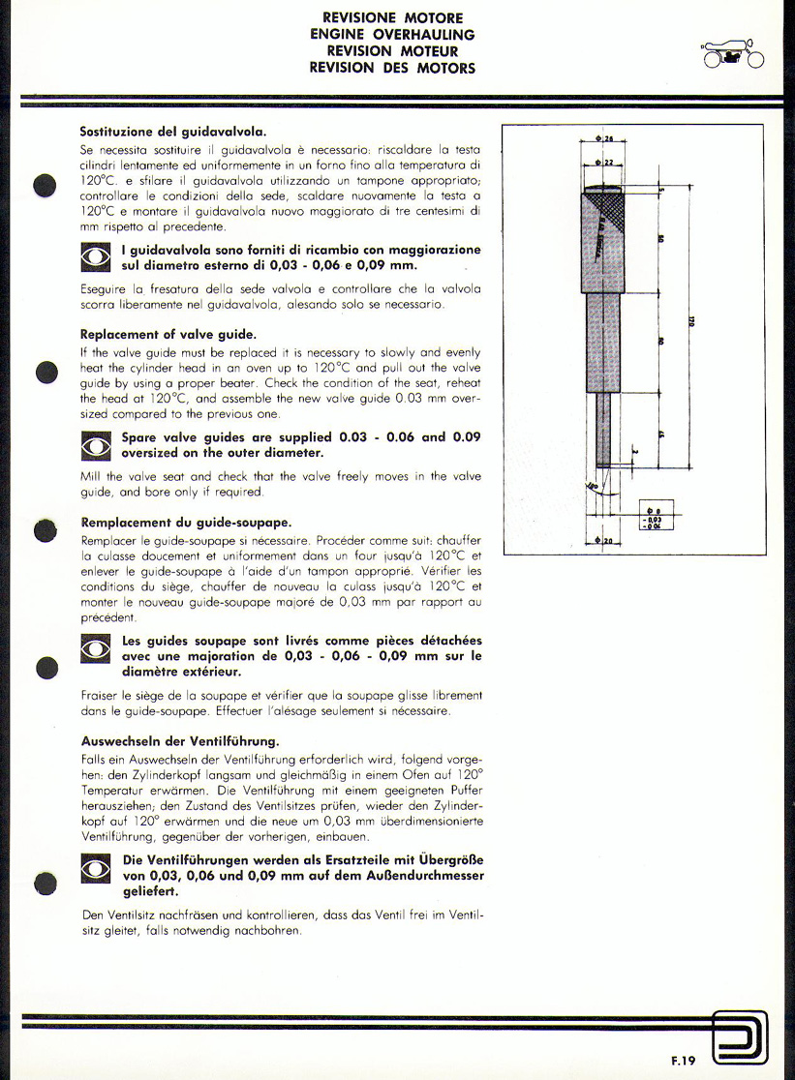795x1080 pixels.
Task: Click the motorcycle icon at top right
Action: pyautogui.click(x=733, y=52)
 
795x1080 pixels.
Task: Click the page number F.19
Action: pyautogui.click(x=682, y=1061)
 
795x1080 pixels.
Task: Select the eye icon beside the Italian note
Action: pyautogui.click(x=96, y=257)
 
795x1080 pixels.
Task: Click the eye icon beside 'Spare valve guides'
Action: pyautogui.click(x=96, y=445)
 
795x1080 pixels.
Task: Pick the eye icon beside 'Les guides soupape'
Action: pyautogui.click(x=96, y=648)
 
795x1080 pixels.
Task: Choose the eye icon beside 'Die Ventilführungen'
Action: pyautogui.click(x=96, y=867)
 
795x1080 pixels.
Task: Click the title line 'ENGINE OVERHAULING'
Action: pyautogui.click(x=392, y=35)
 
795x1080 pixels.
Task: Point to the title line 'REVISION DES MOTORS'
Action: pyautogui.click(x=392, y=68)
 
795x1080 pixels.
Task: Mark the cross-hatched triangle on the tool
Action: pyautogui.click(x=611, y=208)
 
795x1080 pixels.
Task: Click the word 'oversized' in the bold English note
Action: pyautogui.click(x=158, y=452)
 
